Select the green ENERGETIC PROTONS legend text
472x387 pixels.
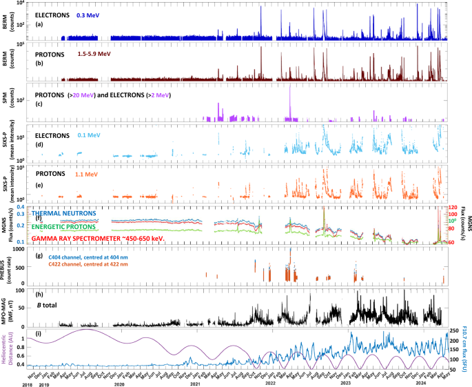point(77,228)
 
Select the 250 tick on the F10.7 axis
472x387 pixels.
point(453,331)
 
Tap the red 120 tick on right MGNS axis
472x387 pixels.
point(453,208)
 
